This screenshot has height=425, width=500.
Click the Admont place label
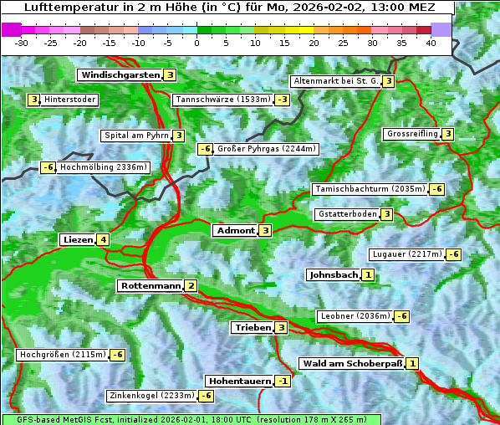pyautogui.click(x=235, y=230)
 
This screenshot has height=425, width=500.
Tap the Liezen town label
pyautogui.click(x=78, y=240)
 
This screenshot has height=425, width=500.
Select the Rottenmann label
pyautogui.click(x=150, y=286)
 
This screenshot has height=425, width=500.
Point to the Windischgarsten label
pyautogui.click(x=120, y=75)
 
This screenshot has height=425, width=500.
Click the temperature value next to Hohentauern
pyautogui.click(x=283, y=381)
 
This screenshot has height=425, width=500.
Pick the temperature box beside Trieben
pyautogui.click(x=282, y=327)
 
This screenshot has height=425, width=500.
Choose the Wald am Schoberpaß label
pyautogui.click(x=351, y=364)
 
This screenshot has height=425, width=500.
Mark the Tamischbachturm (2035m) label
pyautogui.click(x=370, y=189)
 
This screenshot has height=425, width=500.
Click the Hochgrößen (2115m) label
pyautogui.click(x=63, y=355)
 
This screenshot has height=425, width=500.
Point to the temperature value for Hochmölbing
pyautogui.click(x=48, y=167)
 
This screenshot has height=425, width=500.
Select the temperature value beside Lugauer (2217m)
pyautogui.click(x=453, y=254)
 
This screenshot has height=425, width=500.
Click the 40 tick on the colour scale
pyautogui.click(x=431, y=43)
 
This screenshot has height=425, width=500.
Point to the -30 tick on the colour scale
pyautogui.click(x=22, y=43)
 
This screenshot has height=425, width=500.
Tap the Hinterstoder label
pyautogui.click(x=69, y=100)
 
